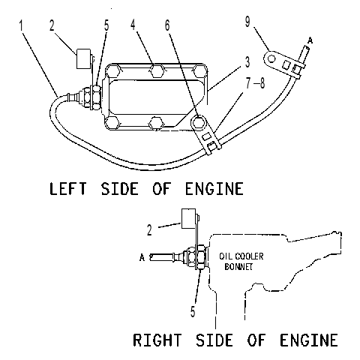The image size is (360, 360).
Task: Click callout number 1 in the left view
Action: coord(21,25)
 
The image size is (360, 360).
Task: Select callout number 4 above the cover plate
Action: coord(133,24)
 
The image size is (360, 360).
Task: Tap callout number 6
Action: coord(167,25)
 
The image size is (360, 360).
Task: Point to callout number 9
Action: coord(247,22)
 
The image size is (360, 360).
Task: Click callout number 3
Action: coord(247,61)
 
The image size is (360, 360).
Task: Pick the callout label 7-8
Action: coord(255,82)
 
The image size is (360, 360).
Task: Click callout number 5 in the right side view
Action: coord(193,311)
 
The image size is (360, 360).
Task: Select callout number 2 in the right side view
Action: coord(149,230)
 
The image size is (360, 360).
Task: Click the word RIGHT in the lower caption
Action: coord(157,340)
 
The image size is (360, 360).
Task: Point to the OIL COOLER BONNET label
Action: coord(241,261)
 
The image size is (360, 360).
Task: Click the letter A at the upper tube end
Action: coord(310,40)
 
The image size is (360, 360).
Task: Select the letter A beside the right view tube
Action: coord(142,257)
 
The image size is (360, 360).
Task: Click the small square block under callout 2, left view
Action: coord(83,58)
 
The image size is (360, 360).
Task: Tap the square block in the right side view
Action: coord(188,218)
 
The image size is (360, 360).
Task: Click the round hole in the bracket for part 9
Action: coord(271,59)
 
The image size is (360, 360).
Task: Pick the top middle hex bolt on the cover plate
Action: coord(157,70)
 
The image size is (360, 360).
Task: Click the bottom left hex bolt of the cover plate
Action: coord(112,123)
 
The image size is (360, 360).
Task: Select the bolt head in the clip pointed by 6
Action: coord(199,123)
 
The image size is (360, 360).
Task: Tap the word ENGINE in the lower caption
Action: coord(309,340)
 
